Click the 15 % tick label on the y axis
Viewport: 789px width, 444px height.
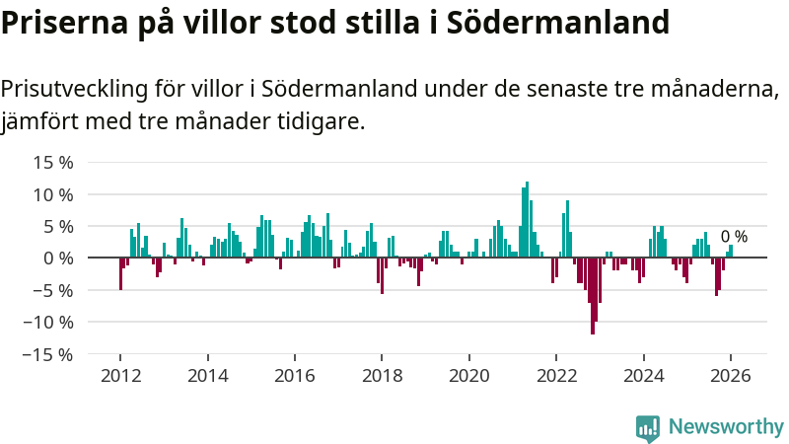(51, 163)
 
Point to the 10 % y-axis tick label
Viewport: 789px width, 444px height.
(51, 194)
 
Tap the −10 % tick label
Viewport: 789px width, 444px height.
(47, 322)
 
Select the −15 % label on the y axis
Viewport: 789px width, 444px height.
(47, 353)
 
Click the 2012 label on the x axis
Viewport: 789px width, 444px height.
(119, 376)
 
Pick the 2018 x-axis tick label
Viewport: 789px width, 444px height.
(382, 376)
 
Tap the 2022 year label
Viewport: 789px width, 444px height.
(556, 376)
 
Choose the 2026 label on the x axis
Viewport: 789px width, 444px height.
(731, 376)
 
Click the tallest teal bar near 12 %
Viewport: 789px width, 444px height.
(528, 219)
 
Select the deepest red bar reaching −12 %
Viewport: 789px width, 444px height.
(593, 296)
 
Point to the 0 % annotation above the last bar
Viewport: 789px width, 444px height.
(734, 237)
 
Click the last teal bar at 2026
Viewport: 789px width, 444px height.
(731, 252)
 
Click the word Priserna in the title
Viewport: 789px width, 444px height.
(62, 22)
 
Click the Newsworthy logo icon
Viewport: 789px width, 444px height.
(648, 427)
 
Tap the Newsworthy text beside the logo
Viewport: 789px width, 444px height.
(726, 427)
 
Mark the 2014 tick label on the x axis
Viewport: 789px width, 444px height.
(207, 376)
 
